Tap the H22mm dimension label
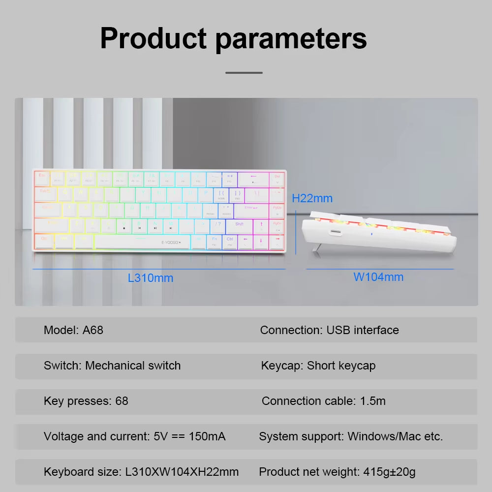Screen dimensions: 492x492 312,198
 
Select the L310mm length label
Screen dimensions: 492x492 151,278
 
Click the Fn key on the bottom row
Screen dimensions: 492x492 214,241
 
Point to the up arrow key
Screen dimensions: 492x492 261,225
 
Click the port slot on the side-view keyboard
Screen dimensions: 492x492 336,232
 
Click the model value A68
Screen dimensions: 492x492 93,330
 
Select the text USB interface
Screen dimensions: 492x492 363,330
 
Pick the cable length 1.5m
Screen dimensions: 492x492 372,401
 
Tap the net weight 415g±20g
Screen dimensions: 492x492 389,472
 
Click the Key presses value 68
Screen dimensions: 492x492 122,401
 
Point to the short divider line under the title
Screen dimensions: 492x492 244,73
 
